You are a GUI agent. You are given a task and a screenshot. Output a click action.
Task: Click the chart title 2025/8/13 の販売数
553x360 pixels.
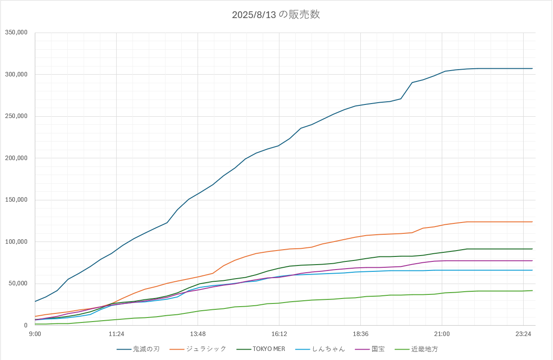(276, 14)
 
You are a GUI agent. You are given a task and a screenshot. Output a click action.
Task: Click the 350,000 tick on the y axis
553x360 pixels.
(16, 33)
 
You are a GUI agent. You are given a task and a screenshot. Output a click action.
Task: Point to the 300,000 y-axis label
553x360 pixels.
(16, 74)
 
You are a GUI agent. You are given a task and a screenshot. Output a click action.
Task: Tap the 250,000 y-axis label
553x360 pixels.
(16, 116)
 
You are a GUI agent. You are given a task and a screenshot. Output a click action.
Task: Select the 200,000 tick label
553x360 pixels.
(16, 158)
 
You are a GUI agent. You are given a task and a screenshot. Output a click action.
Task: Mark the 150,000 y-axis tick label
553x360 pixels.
(16, 200)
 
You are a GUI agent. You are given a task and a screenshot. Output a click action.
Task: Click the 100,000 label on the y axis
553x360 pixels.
(16, 242)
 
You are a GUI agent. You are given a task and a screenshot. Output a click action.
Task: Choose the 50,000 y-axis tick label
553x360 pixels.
(18, 284)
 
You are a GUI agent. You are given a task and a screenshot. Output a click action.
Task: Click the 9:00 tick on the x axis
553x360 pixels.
(35, 334)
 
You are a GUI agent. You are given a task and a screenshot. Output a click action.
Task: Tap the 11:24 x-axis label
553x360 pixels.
(116, 334)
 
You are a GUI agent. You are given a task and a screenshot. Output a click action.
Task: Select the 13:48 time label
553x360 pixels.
(198, 334)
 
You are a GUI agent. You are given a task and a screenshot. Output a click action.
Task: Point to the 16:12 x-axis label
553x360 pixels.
(279, 334)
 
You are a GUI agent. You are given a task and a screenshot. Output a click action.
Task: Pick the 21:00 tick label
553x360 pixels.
(442, 334)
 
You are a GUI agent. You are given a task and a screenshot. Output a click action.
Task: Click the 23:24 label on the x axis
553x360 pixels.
(523, 334)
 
